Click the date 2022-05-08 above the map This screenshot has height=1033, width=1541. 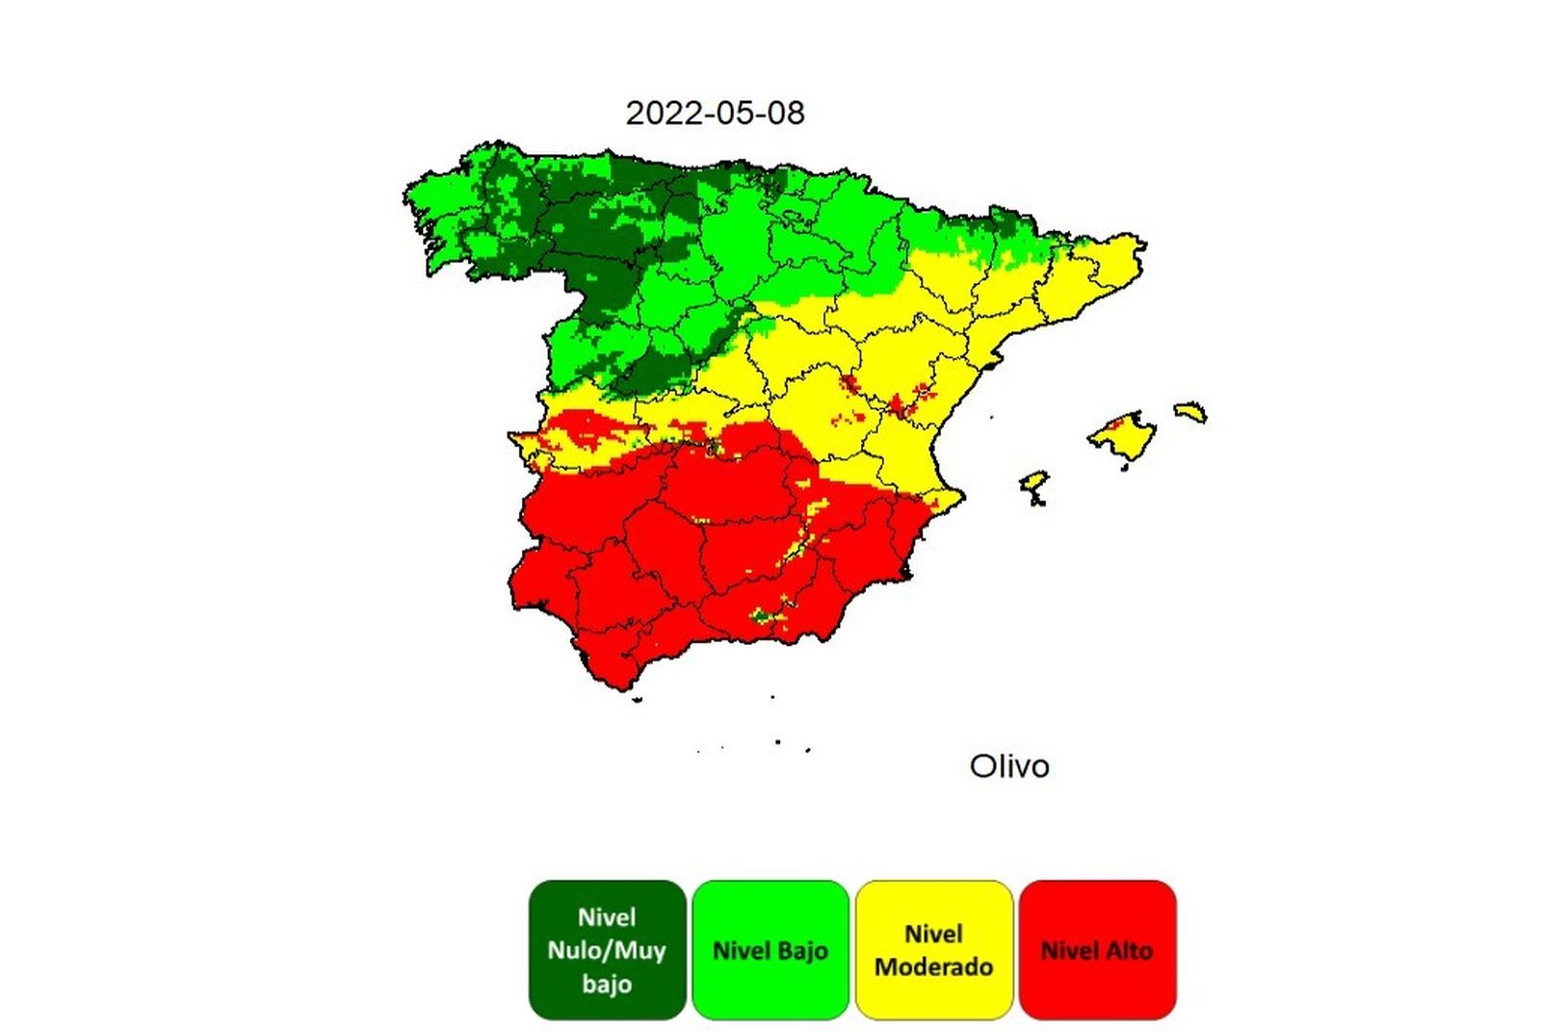click(x=715, y=113)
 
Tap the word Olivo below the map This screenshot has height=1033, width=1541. click(x=1008, y=766)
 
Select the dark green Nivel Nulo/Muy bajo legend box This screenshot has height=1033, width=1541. click(x=607, y=949)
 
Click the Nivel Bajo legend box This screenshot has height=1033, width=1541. click(x=770, y=949)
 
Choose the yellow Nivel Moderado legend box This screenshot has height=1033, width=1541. click(x=933, y=949)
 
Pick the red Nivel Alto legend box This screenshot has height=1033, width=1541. click(x=1097, y=949)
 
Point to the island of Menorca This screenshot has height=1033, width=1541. click(x=1192, y=412)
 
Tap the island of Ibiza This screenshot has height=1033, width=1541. click(x=1033, y=484)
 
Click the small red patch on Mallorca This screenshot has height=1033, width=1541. click(x=1117, y=423)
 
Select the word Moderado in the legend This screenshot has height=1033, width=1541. click(x=933, y=967)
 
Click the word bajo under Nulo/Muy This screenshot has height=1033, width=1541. click(x=607, y=984)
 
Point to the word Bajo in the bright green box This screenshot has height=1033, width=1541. click(x=801, y=951)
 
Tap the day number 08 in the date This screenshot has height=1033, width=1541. click(x=786, y=113)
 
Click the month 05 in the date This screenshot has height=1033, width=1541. click(x=733, y=113)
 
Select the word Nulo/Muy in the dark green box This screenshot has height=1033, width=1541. click(x=607, y=950)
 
